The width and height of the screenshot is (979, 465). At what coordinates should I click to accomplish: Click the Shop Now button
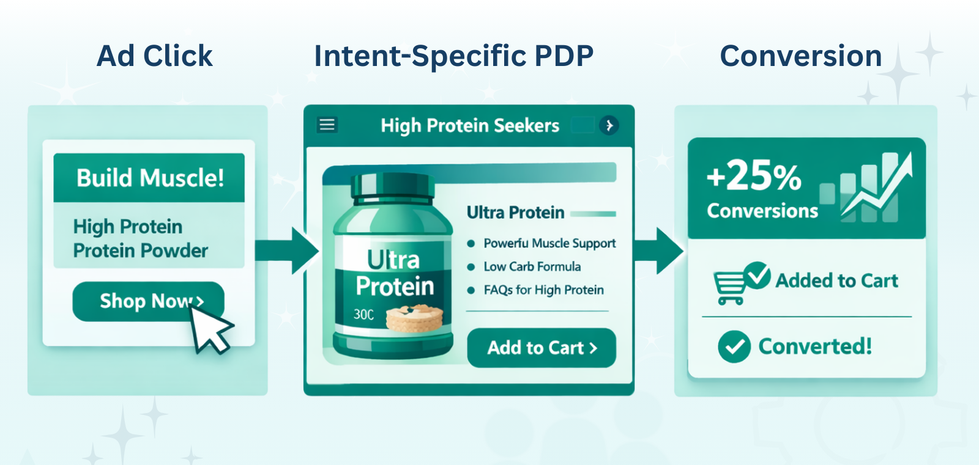coord(148,301)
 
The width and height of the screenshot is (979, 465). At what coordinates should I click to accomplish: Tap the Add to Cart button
coord(542,348)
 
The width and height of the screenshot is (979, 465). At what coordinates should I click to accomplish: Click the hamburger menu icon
coord(327,125)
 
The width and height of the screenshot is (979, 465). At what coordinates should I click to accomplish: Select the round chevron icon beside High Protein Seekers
coord(609,126)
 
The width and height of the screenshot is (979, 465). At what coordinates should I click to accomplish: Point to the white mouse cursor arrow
coord(210,329)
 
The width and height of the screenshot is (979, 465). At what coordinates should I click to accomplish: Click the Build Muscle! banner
coord(149,178)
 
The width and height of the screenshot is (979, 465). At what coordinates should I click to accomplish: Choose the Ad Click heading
coord(155,56)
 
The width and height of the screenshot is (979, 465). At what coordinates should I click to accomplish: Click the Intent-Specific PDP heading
coord(453,56)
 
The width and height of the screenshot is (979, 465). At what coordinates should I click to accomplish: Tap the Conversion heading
coord(801,56)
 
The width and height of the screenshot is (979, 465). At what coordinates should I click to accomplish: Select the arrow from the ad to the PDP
coord(287,251)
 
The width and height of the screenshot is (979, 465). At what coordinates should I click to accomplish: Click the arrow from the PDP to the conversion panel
coord(658,251)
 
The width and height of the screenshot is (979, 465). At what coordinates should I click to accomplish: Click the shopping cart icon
coord(729,287)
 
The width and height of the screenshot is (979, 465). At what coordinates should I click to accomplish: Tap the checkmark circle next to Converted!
coord(734,346)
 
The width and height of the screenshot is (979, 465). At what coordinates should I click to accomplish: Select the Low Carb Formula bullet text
coord(532,266)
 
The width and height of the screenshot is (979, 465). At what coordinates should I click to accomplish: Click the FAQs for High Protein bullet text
coord(544,290)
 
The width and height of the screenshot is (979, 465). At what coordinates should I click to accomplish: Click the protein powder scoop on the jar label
coord(414,318)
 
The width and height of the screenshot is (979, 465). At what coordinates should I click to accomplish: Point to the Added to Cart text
coord(836,280)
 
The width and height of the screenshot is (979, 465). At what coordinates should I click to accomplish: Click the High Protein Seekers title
coord(470,126)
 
